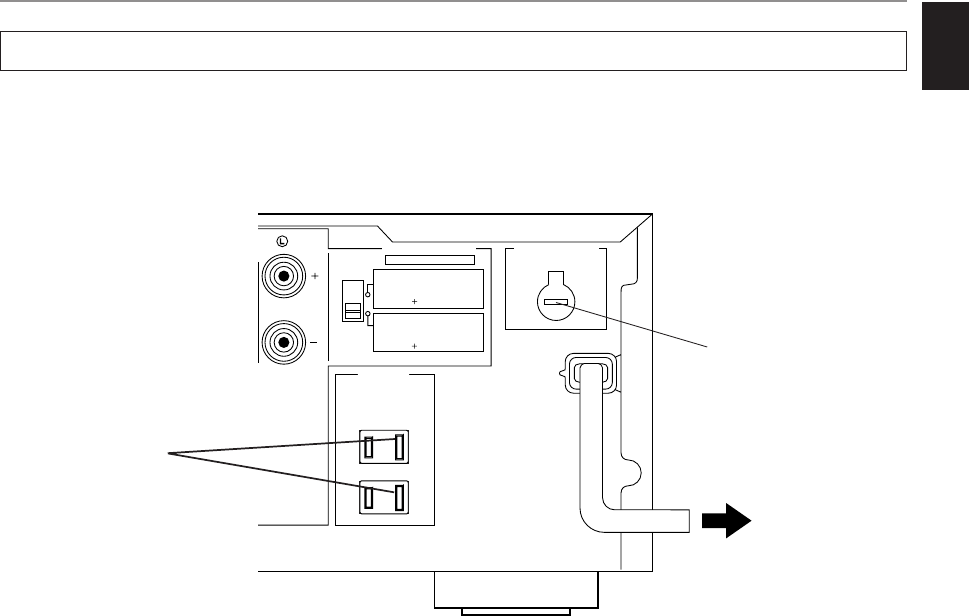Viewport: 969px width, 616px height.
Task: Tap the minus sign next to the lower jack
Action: click(315, 343)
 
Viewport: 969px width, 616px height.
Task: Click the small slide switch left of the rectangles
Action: click(351, 299)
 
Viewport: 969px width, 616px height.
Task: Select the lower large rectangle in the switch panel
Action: click(428, 332)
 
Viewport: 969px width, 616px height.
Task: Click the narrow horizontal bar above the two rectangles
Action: click(430, 259)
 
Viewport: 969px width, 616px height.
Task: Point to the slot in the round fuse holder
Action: click(557, 301)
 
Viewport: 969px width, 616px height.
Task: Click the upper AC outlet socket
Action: click(385, 446)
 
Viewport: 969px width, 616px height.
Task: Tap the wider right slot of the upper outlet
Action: click(399, 446)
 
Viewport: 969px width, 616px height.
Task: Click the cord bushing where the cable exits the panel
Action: click(587, 373)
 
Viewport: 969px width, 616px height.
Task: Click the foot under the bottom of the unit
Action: click(515, 591)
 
